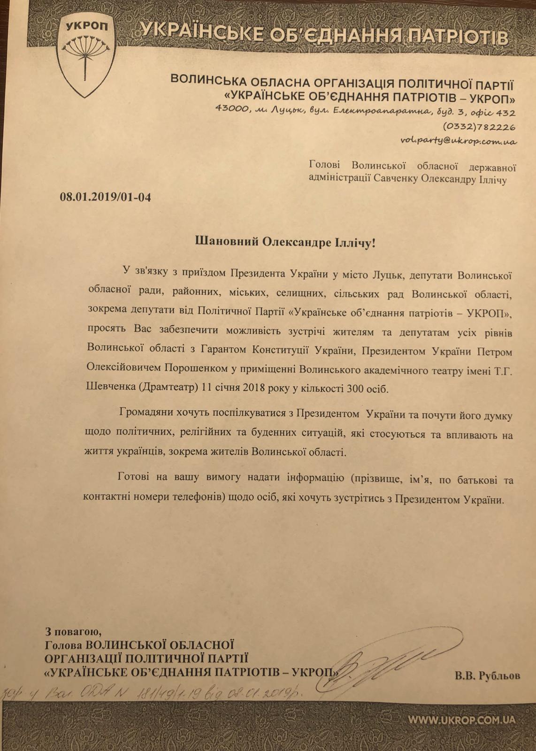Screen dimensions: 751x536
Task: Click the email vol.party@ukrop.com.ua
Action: (459, 140)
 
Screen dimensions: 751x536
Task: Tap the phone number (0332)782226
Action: (479, 127)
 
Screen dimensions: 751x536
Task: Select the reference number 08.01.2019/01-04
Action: (106, 197)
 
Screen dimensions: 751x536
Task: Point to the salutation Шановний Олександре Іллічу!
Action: (285, 243)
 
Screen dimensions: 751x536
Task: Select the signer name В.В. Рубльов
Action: (487, 676)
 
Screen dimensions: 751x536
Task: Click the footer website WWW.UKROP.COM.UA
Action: (462, 720)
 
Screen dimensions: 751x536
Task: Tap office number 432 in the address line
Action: (505, 113)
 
